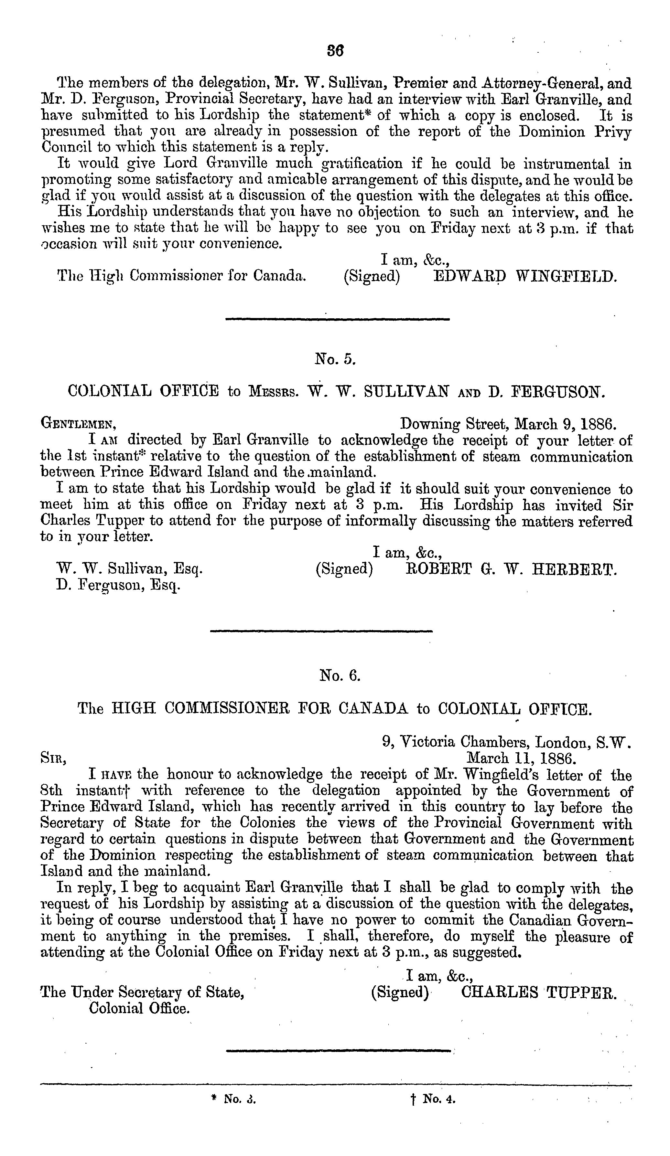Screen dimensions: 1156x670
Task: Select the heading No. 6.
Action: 340,676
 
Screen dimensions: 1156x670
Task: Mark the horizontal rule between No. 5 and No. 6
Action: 321,631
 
